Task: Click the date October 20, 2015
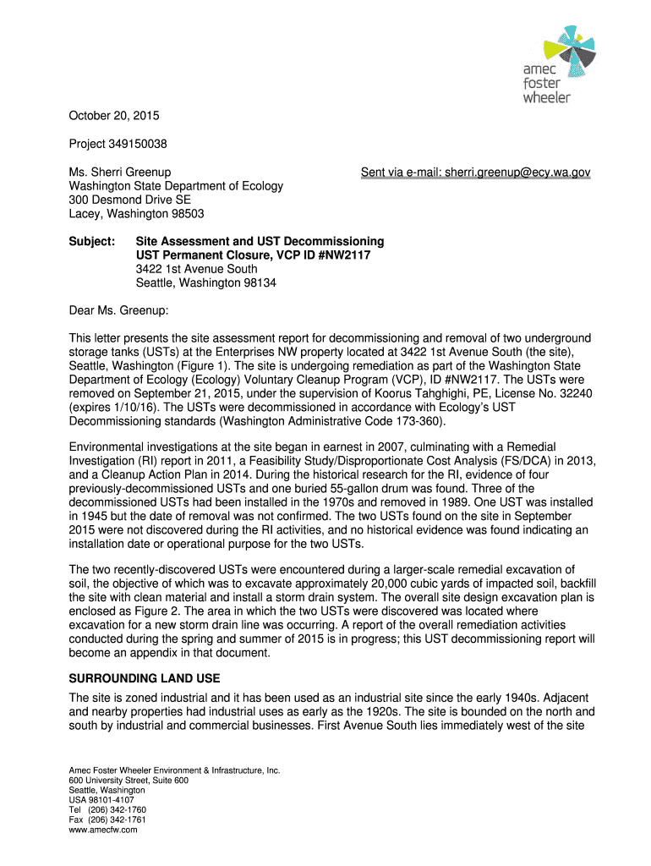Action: click(x=113, y=116)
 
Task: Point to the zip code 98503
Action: click(x=186, y=214)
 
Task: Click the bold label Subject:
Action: click(x=91, y=242)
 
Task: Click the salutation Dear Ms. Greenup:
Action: click(x=118, y=310)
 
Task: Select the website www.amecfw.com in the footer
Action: click(x=102, y=830)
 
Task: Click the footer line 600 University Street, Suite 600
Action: click(x=128, y=780)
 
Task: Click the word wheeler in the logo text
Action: click(x=547, y=97)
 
